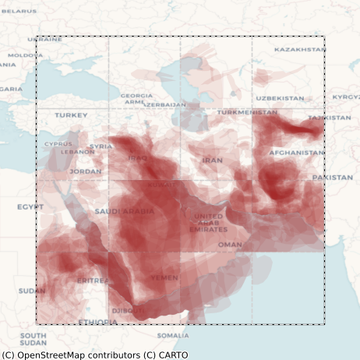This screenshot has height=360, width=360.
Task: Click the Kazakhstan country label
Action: [300, 49]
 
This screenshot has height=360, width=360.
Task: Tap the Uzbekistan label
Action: [280, 98]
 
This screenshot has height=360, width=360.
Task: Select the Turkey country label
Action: [71, 115]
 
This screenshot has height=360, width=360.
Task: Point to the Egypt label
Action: [30, 207]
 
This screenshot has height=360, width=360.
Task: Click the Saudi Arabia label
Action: [125, 211]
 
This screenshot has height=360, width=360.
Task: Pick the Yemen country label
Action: [164, 277]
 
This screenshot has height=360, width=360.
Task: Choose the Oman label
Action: [230, 244]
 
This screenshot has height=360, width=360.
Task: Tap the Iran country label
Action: [212, 160]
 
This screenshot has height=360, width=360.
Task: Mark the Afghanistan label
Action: [296, 153]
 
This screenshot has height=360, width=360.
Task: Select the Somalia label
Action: [172, 336]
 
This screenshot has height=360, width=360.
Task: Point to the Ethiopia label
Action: [97, 322]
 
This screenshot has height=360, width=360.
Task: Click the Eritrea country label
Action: [93, 280]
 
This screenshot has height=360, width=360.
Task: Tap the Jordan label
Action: [85, 171]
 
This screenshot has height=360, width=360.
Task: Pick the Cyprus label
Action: [58, 143]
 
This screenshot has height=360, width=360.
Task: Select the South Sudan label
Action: [33, 339]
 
